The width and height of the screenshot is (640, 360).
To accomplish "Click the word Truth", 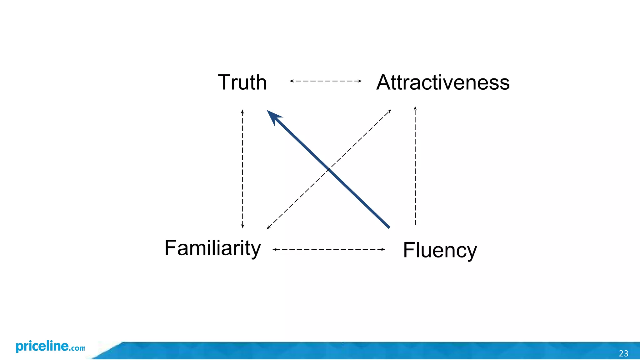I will coord(242,82).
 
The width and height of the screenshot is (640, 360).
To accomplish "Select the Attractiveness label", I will coord(443,82).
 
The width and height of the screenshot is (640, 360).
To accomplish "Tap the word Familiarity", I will coord(212,248).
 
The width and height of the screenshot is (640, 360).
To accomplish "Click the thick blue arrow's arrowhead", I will coord(273,116).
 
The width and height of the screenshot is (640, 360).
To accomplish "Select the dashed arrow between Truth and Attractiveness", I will coord(325,81).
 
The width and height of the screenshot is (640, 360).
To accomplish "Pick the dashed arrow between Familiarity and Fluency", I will coord(329,249).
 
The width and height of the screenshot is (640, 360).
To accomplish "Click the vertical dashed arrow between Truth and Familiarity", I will coord(242,169).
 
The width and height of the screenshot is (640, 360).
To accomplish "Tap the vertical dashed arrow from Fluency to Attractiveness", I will coord(415,166).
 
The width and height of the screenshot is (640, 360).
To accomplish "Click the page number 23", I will coord(623,353).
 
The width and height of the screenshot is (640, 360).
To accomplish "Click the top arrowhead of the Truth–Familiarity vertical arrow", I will coord(242,111).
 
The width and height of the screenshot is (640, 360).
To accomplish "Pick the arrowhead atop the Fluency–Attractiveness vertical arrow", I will coord(415,108).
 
